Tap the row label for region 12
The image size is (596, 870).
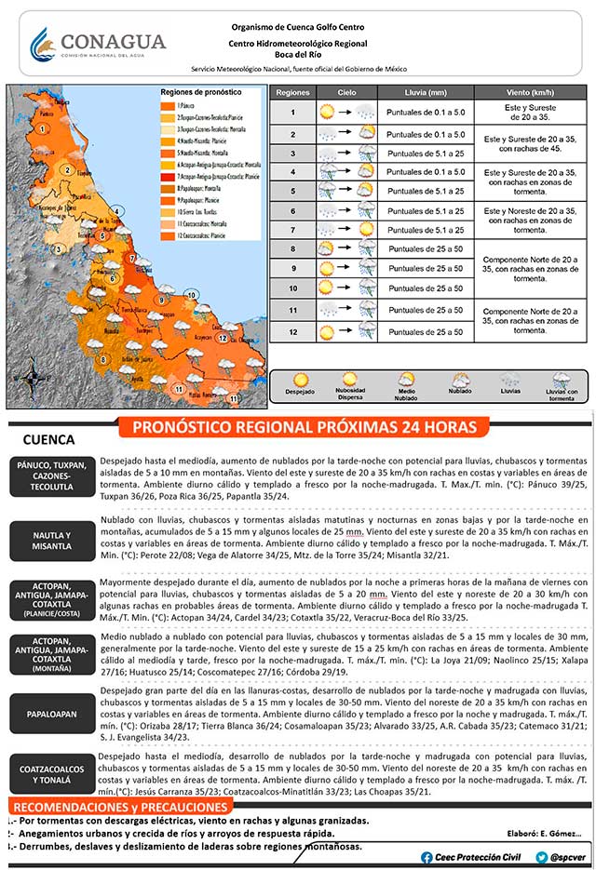click(292, 332)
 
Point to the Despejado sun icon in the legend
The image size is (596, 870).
click(301, 380)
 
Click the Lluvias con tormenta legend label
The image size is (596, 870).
click(562, 395)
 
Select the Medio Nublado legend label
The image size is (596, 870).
click(407, 395)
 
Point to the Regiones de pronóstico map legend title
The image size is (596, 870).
click(200, 93)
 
